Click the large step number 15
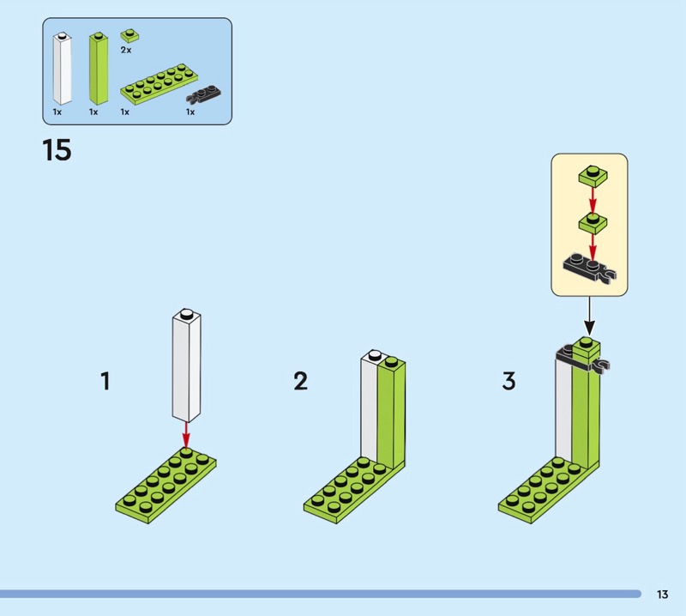coord(57,150)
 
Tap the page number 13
coord(662,594)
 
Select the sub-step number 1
coord(105,380)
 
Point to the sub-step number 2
coord(301,380)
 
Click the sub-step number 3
coord(508,380)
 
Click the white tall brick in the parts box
coord(62,69)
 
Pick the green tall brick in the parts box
coord(99,69)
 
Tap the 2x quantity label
coord(126,50)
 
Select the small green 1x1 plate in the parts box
coord(130,35)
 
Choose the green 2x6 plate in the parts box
coord(159,85)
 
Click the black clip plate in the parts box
coord(203,94)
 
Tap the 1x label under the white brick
coord(57,112)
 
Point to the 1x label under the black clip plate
coord(190,112)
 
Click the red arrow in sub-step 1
coord(186,436)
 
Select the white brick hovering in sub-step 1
coord(186,365)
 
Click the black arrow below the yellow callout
coord(589,316)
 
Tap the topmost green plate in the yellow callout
coord(593,175)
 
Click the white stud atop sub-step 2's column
coord(376,354)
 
